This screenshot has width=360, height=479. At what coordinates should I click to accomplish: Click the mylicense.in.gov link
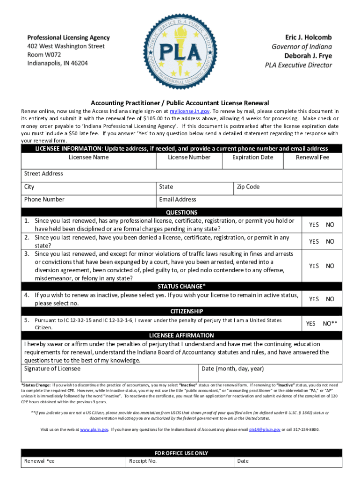click(190, 111)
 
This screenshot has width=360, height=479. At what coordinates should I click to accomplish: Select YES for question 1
click(314, 225)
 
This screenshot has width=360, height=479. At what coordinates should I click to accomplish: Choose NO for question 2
click(330, 241)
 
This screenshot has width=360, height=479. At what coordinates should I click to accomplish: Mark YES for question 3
click(314, 266)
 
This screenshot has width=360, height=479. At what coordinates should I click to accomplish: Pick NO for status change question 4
click(330, 299)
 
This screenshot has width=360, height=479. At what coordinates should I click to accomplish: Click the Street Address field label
click(43, 174)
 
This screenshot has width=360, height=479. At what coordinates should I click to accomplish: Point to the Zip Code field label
click(248, 187)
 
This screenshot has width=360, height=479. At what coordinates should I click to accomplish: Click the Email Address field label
click(177, 199)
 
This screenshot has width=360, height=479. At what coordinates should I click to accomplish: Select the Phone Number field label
click(44, 199)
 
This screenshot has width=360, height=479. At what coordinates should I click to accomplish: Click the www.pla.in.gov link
click(94, 429)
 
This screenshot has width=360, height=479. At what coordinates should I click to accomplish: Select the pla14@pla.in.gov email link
click(264, 429)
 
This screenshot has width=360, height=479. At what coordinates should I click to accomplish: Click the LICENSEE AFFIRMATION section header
click(181, 335)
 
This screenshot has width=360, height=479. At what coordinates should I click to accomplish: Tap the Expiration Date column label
click(252, 157)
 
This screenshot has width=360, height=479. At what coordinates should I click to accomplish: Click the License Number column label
click(189, 157)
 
